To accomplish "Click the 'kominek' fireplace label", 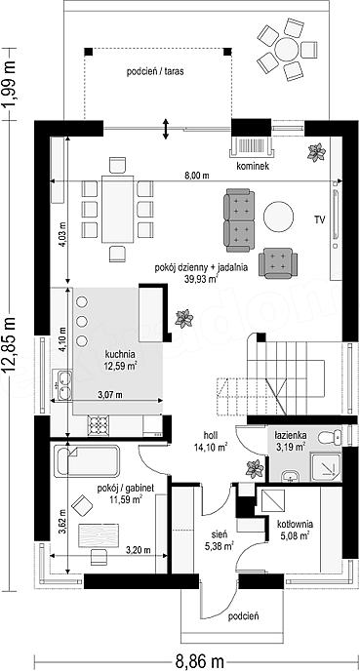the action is click(x=254, y=167).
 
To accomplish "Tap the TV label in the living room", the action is click(x=319, y=220).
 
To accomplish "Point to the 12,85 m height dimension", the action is click(x=9, y=345).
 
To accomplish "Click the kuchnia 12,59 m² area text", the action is click(x=120, y=360).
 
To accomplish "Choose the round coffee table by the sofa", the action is click(x=278, y=217).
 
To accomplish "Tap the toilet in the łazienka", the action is click(x=329, y=437).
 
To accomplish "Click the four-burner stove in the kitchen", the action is click(x=99, y=425).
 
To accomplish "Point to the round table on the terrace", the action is click(x=287, y=50).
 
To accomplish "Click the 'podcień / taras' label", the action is click(x=155, y=71).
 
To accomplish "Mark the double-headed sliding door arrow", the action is click(x=166, y=128).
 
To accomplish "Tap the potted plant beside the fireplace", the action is click(x=317, y=152).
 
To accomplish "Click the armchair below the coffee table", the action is click(x=278, y=263).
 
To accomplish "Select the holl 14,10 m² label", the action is click(x=211, y=442).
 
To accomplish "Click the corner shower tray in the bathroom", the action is click(x=327, y=465).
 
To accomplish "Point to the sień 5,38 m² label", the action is click(x=221, y=539).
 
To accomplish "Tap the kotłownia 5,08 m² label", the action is click(x=295, y=529).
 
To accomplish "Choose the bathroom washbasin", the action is click(x=292, y=475).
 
